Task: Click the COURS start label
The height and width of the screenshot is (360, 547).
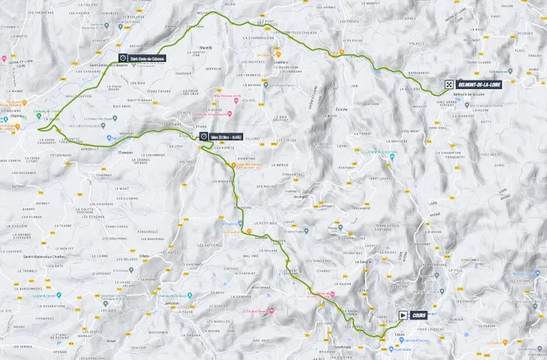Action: [x=419, y=314]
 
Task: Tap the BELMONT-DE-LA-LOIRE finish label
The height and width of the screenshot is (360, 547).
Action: [x=477, y=85]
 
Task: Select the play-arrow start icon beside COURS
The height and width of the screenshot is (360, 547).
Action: [x=403, y=314]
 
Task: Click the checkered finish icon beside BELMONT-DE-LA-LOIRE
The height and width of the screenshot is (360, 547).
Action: [x=450, y=85]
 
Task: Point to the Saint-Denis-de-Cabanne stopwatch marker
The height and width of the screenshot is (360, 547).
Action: [x=123, y=57]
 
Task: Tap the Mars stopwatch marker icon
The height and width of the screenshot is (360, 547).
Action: [x=204, y=136]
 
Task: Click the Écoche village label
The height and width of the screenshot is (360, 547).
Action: [x=341, y=109]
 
